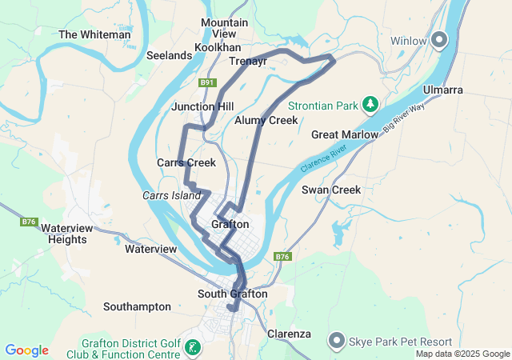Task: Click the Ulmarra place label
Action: (x=443, y=90)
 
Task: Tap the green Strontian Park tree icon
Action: (x=370, y=104)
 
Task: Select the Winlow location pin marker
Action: (x=439, y=40)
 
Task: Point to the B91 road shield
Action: (x=208, y=82)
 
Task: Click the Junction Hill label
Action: (x=202, y=106)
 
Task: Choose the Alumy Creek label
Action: (x=266, y=120)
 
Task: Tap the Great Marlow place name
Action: (x=344, y=134)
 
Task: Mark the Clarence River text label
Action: (x=323, y=158)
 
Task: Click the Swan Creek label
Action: (x=331, y=190)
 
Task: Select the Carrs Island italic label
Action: (x=171, y=194)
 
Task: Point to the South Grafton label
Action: (x=232, y=294)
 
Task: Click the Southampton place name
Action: (x=137, y=306)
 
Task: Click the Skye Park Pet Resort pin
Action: (x=336, y=342)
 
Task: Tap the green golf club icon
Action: (x=192, y=347)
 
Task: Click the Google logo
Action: (x=26, y=350)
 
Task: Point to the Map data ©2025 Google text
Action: (x=462, y=354)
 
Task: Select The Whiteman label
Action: (x=94, y=34)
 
